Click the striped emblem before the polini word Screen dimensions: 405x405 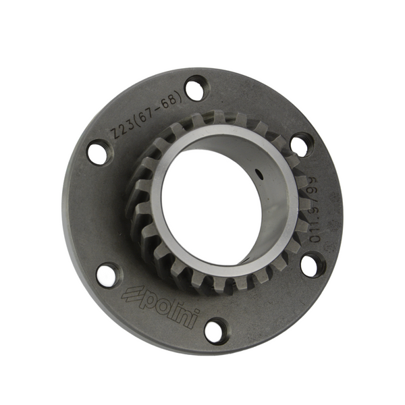[130, 295]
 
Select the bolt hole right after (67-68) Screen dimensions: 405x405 [196, 88]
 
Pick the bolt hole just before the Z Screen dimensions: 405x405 [99, 152]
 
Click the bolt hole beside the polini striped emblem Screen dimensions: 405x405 [107, 274]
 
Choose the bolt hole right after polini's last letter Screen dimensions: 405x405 [215, 330]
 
